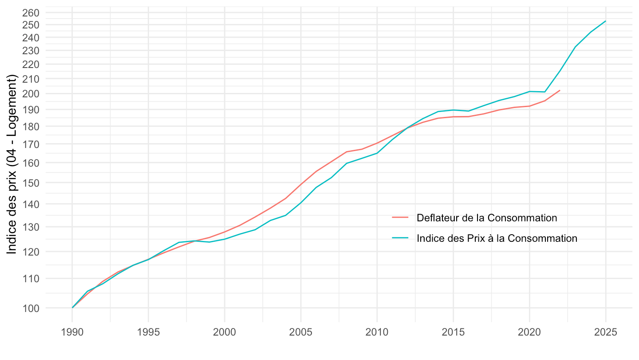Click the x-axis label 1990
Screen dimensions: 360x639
click(x=72, y=332)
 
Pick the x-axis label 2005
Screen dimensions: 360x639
click(x=301, y=332)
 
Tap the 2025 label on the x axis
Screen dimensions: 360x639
click(x=605, y=332)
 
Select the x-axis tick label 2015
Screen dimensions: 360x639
click(x=453, y=332)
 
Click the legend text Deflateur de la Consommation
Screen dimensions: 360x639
click(x=487, y=218)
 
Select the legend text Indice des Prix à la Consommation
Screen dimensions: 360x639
click(x=497, y=238)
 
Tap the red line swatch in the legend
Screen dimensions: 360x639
click(x=400, y=218)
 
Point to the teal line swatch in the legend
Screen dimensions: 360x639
click(x=400, y=238)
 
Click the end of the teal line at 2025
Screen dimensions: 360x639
click(x=605, y=21)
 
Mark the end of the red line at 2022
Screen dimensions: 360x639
click(x=560, y=90)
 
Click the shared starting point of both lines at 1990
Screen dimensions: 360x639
click(x=72, y=308)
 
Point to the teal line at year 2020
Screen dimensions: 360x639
click(x=529, y=92)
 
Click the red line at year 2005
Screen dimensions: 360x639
click(x=301, y=184)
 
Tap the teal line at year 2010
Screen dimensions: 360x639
click(x=377, y=153)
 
